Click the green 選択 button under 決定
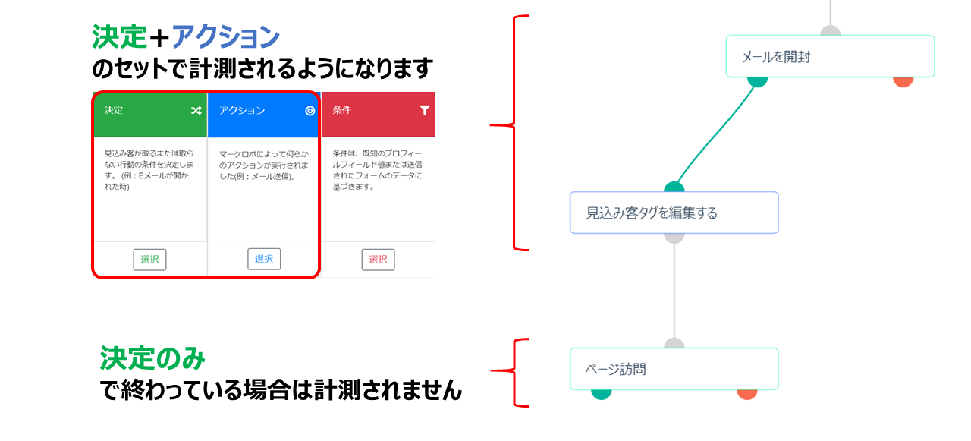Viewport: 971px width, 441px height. pos(149,259)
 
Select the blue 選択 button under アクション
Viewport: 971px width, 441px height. pos(264,259)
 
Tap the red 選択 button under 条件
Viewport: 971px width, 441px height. pos(378,259)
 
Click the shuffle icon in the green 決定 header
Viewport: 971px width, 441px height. pos(196,111)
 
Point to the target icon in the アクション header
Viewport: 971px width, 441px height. pos(310,111)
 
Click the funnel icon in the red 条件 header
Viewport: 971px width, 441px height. pos(424,111)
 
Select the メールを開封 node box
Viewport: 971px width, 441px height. pos(830,56)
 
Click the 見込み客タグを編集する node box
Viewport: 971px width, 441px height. pos(674,213)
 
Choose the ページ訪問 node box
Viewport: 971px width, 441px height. pos(674,370)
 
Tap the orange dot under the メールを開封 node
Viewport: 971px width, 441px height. pos(903,80)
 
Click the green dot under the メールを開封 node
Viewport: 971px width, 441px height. pos(757,80)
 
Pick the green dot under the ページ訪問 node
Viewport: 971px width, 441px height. pos(601,393)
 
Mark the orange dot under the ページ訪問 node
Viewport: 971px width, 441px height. pos(747,393)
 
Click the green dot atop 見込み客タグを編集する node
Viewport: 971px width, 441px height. pos(674,187)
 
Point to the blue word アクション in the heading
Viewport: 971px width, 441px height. pos(225,36)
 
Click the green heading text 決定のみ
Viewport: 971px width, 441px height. pos(152,358)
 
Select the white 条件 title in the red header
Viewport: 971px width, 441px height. pos(341,111)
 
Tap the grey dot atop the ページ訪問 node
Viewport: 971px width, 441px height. pos(674,345)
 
